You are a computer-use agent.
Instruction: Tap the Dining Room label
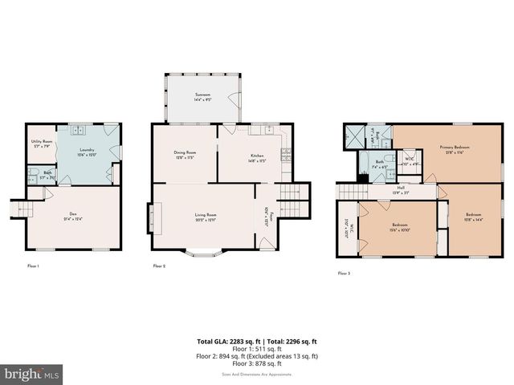coord(185,154)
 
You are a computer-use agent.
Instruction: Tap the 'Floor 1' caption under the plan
coord(33,265)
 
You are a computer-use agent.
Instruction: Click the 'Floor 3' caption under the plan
coord(344,274)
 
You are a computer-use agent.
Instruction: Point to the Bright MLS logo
coord(32,374)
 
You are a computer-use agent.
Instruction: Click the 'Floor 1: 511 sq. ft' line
coord(256,349)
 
